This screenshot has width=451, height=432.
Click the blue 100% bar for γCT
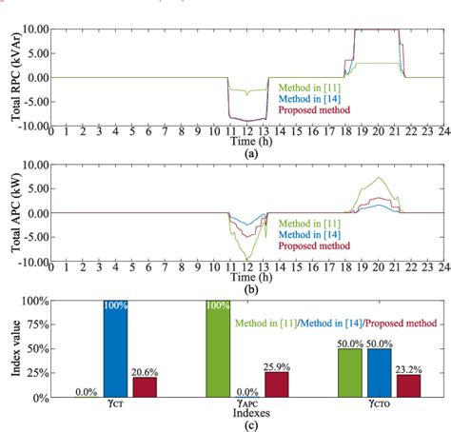click(x=115, y=348)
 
